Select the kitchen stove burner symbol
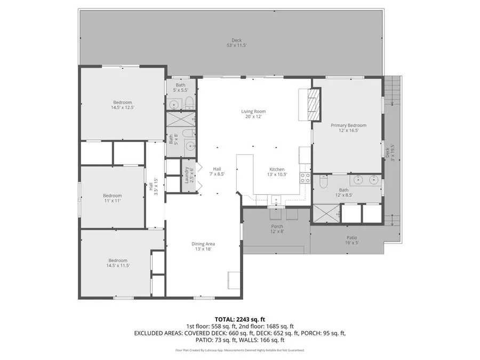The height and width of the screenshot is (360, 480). (306, 178)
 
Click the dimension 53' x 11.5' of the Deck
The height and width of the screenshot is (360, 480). (236, 45)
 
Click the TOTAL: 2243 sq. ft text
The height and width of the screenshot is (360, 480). (239, 318)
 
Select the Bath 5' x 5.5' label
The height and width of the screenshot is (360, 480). (181, 87)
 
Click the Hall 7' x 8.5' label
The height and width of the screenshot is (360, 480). (217, 171)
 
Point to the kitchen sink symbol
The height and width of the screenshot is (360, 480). (276, 199)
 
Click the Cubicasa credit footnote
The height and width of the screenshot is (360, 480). (239, 350)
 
